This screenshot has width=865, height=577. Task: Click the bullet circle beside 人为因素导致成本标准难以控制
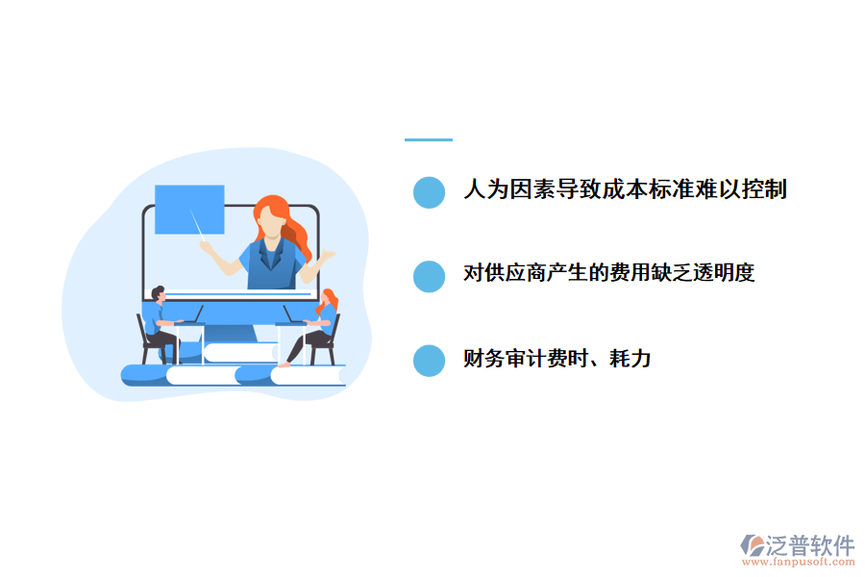tap(429, 191)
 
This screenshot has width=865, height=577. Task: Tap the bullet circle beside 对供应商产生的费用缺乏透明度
tap(429, 276)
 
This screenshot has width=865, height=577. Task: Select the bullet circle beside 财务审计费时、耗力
tap(429, 361)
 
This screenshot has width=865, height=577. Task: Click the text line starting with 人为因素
tap(625, 189)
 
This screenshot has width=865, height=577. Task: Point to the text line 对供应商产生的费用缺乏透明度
tap(608, 273)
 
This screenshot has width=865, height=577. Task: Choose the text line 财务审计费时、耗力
tap(556, 359)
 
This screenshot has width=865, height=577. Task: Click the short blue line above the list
tap(428, 139)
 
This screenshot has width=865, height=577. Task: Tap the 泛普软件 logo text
tap(810, 545)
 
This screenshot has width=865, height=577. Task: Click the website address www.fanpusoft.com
tap(802, 563)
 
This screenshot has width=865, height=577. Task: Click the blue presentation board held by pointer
tap(189, 209)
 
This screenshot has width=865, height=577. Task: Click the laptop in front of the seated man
tap(190, 315)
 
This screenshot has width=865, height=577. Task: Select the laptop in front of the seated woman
tap(292, 315)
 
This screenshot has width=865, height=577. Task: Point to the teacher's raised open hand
tap(328, 254)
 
